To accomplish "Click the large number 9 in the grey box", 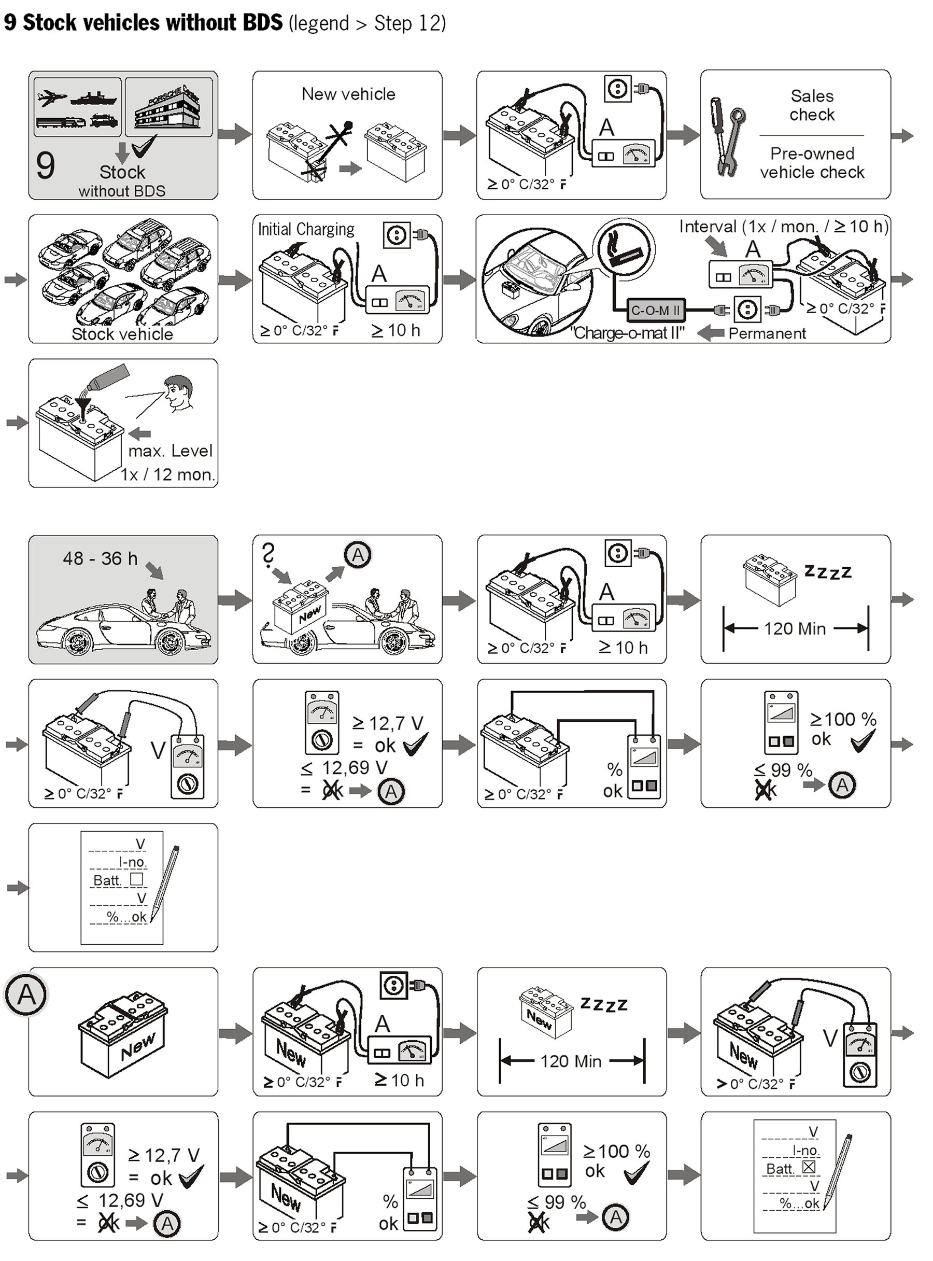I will [x=45, y=165].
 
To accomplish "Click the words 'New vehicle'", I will [x=348, y=94].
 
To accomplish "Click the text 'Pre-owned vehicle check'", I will [x=812, y=163].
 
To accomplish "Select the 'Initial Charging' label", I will [x=306, y=229].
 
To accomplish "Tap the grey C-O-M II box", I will [x=655, y=310].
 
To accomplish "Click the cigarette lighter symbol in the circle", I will [x=623, y=249].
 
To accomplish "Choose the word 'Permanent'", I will [x=767, y=333].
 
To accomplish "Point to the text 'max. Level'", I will [x=170, y=451].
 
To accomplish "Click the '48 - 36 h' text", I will [x=100, y=558].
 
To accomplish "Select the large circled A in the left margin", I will [x=26, y=995].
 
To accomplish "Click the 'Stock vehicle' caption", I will [x=122, y=334].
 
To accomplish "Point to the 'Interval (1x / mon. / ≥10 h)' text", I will [x=783, y=227].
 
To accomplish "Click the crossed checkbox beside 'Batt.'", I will [x=808, y=1167].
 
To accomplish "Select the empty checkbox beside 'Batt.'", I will [x=136, y=879].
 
